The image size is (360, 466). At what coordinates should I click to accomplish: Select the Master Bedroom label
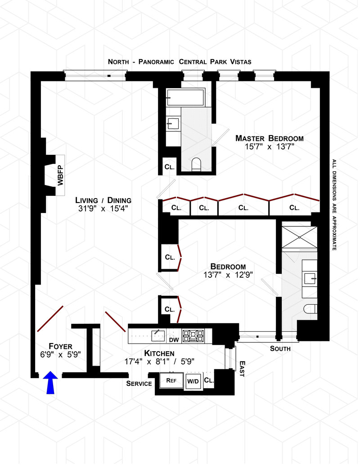[270, 138]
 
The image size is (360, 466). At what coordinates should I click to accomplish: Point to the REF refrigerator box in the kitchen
[171, 380]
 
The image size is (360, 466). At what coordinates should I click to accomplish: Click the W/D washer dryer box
[193, 381]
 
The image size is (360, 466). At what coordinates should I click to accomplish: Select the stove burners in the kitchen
[196, 335]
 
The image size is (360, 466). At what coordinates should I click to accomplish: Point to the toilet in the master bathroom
[196, 164]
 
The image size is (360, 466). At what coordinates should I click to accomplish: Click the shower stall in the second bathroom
[299, 237]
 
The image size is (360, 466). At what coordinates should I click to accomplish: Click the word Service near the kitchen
[139, 384]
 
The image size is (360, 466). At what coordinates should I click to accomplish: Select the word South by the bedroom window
[280, 348]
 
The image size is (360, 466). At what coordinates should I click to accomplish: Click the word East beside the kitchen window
[242, 368]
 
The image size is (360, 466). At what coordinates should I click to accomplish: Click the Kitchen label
[159, 353]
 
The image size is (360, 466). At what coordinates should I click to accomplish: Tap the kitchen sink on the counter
[157, 334]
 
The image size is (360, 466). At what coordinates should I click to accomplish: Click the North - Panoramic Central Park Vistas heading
[180, 62]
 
